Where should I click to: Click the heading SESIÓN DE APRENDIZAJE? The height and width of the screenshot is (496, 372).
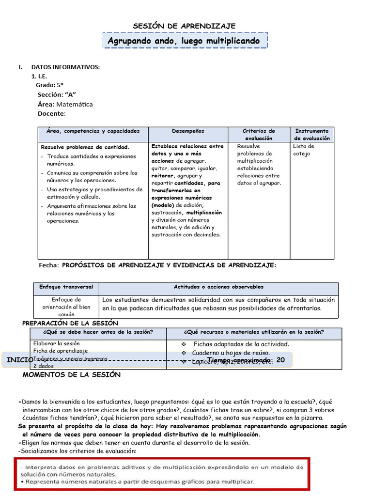pos(184,26)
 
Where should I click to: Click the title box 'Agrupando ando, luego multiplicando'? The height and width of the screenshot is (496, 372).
pos(184,41)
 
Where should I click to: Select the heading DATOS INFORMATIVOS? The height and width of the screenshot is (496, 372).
pos(65,67)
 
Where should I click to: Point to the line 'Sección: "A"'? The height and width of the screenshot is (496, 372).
pos(57,94)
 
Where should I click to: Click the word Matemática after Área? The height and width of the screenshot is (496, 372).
pos(75,104)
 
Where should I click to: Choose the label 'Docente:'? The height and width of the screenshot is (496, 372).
pos(51,114)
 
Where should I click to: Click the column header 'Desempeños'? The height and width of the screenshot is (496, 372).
pos(188,131)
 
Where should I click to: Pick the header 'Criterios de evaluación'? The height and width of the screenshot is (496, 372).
pos(259,135)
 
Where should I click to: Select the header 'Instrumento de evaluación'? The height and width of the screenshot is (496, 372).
pos(312,135)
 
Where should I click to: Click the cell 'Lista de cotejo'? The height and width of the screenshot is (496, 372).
pos(304,150)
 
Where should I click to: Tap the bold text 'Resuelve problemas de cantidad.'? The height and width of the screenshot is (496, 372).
pos(85,147)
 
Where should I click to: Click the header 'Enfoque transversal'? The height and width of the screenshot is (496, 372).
pos(66,287)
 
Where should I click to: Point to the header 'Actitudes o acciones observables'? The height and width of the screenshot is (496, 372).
pos(218,287)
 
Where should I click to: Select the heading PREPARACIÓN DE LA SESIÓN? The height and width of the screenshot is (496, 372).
pos(70,323)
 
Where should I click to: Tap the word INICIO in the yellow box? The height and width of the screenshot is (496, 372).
pos(20,360)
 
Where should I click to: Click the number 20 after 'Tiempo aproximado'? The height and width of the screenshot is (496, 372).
pos(280,361)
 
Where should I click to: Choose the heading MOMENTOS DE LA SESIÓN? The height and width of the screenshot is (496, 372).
pos(72,374)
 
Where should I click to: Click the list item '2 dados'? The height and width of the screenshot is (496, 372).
pos(44,366)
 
